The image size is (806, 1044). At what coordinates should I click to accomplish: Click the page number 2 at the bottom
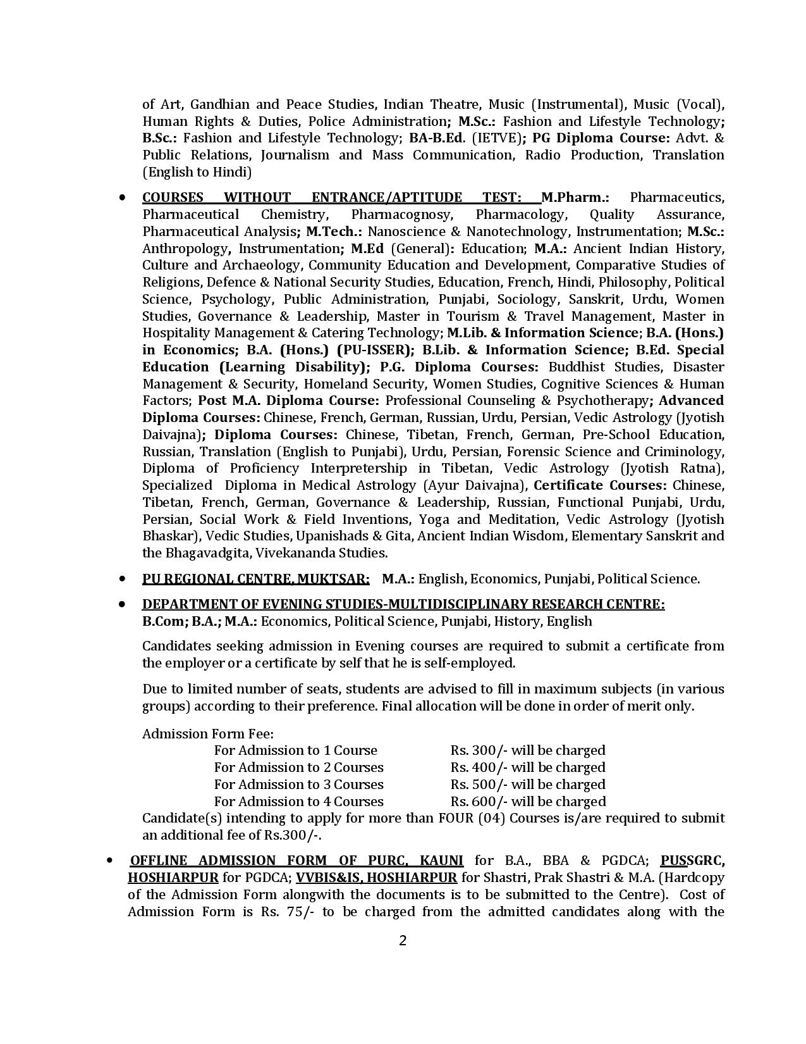(403, 940)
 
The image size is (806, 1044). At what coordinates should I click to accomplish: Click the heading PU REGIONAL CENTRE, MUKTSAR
(255, 579)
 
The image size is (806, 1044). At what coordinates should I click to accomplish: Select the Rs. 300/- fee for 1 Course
(479, 750)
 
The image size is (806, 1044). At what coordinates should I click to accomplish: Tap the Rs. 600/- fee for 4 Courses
(479, 802)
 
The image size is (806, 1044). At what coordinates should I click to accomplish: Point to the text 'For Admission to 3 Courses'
(298, 785)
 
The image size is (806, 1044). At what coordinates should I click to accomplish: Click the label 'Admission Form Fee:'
(208, 734)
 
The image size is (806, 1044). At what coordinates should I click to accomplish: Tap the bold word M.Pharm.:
(575, 197)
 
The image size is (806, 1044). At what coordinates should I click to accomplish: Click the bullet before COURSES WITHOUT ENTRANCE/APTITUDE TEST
(122, 198)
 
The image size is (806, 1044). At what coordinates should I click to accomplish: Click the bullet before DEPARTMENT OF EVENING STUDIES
(122, 604)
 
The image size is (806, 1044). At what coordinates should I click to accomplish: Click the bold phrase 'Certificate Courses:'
(600, 485)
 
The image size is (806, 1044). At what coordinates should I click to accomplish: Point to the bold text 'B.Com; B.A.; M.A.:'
(199, 621)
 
